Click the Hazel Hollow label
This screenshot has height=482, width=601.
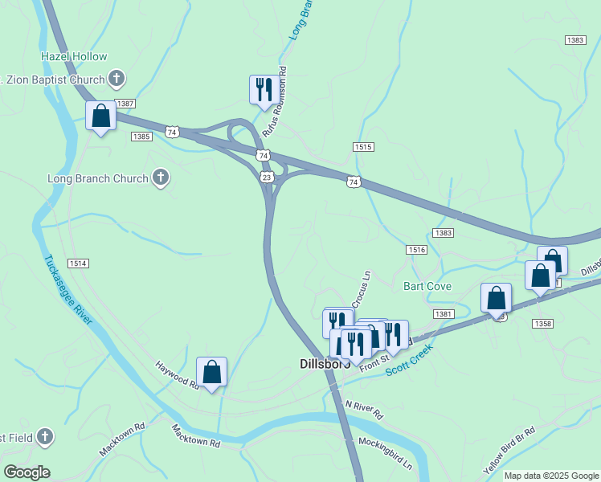click(x=74, y=56)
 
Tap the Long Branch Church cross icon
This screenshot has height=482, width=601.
click(x=160, y=178)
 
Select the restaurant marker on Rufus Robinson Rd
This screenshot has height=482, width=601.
click(x=264, y=90)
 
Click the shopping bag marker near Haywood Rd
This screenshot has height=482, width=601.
click(x=211, y=372)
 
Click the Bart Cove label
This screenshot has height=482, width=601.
click(x=427, y=286)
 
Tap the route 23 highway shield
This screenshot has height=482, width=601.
click(x=266, y=176)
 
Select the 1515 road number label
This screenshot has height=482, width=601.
click(x=363, y=146)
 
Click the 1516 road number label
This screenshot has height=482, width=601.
click(x=416, y=251)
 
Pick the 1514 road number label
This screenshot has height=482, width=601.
click(x=78, y=263)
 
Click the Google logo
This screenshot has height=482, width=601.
click(x=27, y=472)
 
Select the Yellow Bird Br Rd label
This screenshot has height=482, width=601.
click(x=509, y=451)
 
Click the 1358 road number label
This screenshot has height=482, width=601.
click(x=542, y=323)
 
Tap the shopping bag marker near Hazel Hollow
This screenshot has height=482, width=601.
click(x=101, y=116)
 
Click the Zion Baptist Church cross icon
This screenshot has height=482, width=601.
click(x=117, y=79)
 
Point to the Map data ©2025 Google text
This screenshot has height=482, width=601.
click(x=551, y=476)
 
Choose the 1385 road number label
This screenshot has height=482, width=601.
click(x=141, y=137)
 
